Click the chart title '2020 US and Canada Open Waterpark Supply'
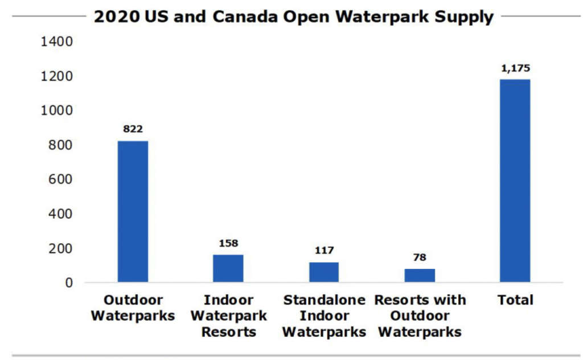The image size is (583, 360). pyautogui.click(x=293, y=17)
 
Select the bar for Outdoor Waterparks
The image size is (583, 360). pyautogui.click(x=133, y=211)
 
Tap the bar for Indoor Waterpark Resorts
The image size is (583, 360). pyautogui.click(x=228, y=268)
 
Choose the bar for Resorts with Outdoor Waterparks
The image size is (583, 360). pyautogui.click(x=420, y=276)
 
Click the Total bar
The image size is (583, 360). pyautogui.click(x=515, y=181)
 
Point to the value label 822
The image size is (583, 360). pyautogui.click(x=133, y=129)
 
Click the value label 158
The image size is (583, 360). pyautogui.click(x=228, y=243)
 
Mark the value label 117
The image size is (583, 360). pyautogui.click(x=324, y=251)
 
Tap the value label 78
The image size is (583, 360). pyautogui.click(x=420, y=257)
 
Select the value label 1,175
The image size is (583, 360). pyautogui.click(x=515, y=68)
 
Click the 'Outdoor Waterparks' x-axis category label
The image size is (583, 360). pyautogui.click(x=133, y=308)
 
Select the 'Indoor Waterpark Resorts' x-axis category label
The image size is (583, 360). pyautogui.click(x=228, y=316)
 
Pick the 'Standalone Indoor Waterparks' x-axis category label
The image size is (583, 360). pyautogui.click(x=324, y=316)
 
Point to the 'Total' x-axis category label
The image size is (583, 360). pyautogui.click(x=515, y=300)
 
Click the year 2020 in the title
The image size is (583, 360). pyautogui.click(x=116, y=17)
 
